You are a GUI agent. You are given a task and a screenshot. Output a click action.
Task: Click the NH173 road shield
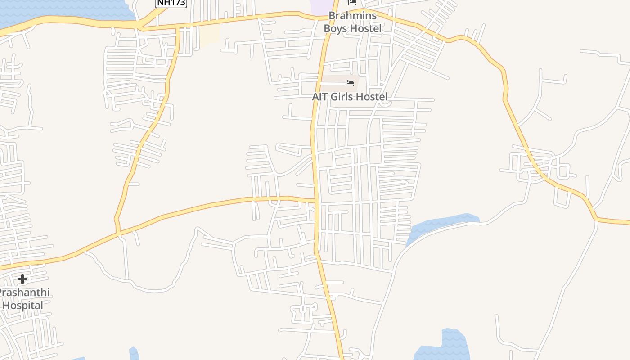point(171,3)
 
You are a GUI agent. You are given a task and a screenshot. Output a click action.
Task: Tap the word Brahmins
point(352,16)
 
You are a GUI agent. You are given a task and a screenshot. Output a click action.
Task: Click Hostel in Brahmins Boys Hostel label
point(365,28)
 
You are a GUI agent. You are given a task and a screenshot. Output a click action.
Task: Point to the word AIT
point(321,97)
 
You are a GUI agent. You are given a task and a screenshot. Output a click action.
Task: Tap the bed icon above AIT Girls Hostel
point(350,83)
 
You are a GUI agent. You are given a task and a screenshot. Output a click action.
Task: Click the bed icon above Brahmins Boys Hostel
point(352,3)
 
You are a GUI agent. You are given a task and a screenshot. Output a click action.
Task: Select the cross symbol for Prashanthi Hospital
point(22,279)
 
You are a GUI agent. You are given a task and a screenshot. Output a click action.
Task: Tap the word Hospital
point(22,306)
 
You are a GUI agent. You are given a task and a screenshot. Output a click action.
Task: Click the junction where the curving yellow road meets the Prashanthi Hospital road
point(118,232)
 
